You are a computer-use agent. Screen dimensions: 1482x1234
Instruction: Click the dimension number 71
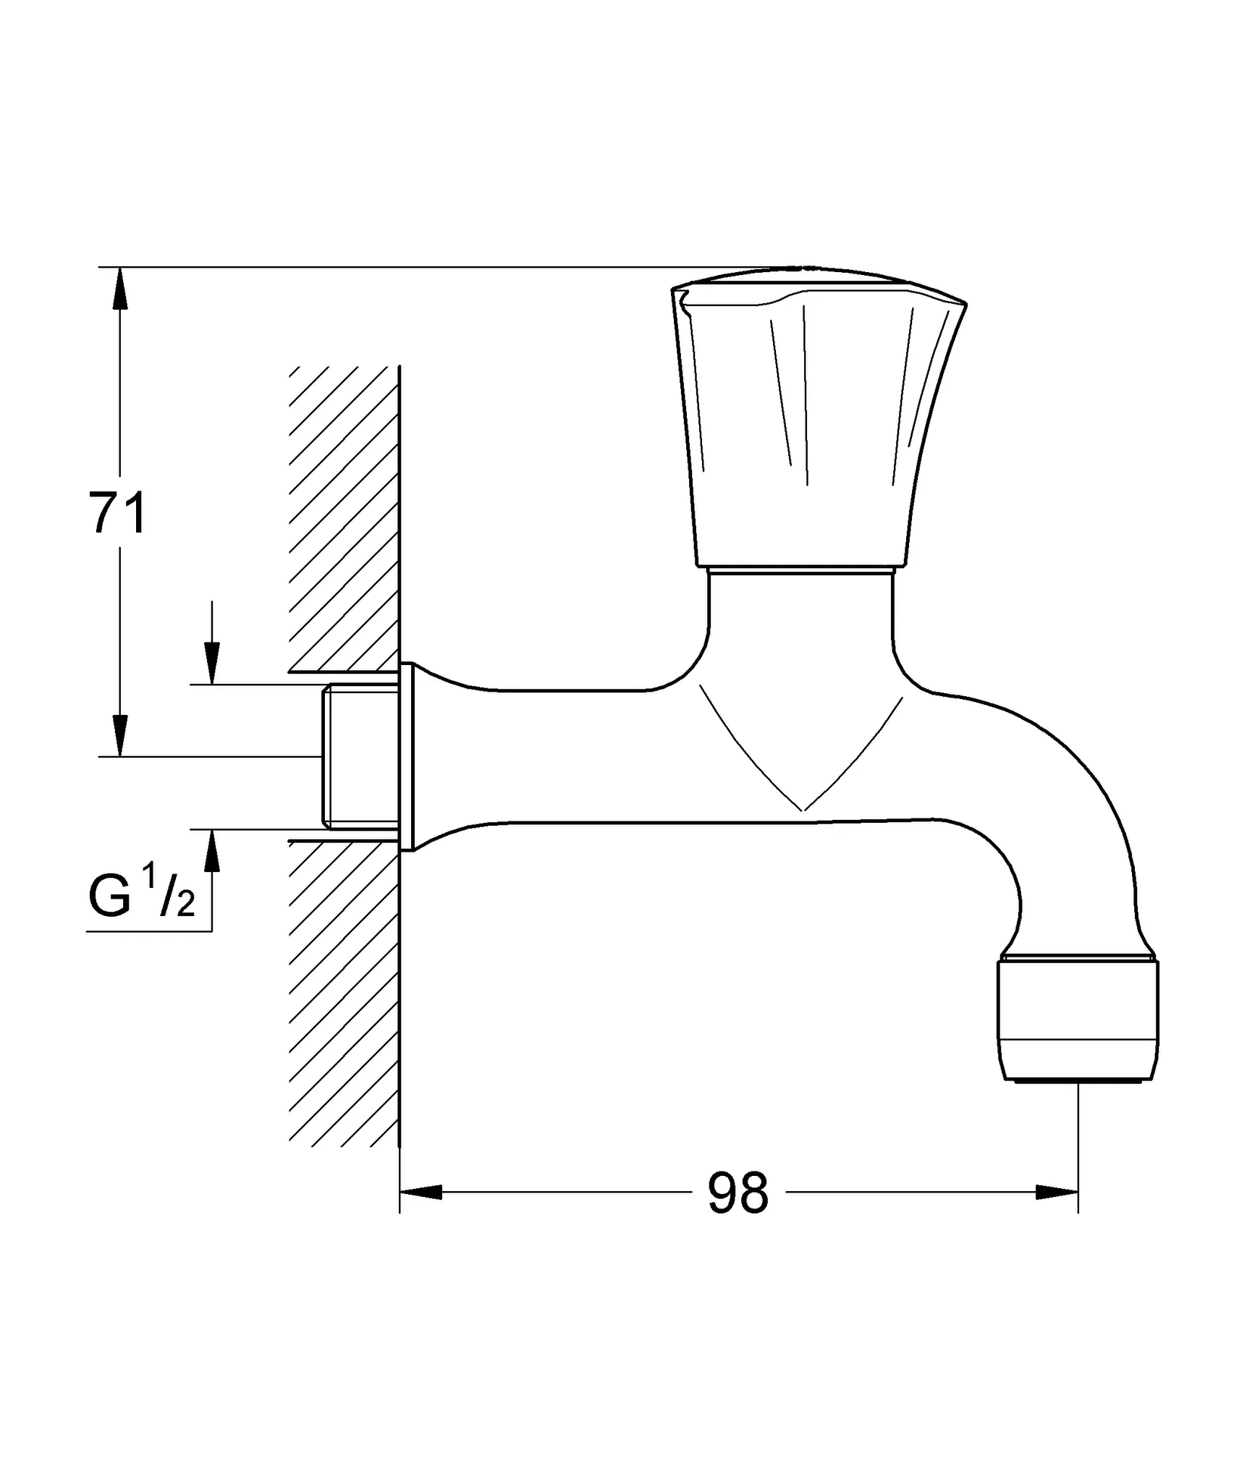(x=118, y=512)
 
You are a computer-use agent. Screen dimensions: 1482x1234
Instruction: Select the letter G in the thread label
(x=109, y=897)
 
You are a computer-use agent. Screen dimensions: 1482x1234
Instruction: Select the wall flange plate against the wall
(x=407, y=757)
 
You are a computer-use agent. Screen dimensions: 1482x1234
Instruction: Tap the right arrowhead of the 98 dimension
(x=1057, y=1192)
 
